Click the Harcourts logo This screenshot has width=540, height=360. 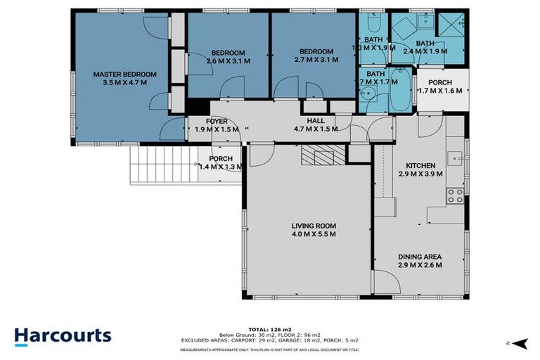click(63, 335)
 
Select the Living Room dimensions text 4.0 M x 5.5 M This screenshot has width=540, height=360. click(314, 234)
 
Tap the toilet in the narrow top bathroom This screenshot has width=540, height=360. click(373, 19)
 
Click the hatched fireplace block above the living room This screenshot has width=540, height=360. click(323, 155)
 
